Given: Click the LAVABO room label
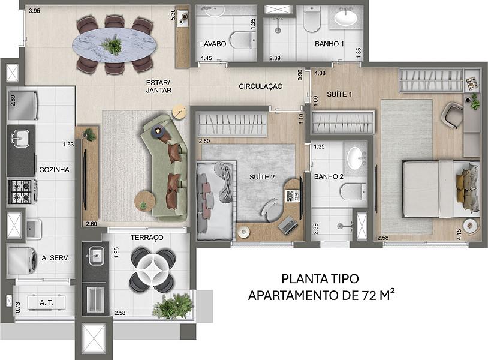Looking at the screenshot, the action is (213, 44).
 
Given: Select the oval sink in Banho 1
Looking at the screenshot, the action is (345, 17).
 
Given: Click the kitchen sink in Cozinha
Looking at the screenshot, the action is (20, 139).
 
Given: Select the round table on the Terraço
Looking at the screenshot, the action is (152, 270).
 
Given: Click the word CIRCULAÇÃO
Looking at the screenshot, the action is (261, 86).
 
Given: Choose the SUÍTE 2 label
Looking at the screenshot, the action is (262, 177).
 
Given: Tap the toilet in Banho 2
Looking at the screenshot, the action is (353, 191).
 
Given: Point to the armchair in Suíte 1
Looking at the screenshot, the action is (453, 115).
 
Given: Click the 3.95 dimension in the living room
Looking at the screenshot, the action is (34, 11).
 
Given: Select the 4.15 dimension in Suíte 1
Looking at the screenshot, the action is (459, 234).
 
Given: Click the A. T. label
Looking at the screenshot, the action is (46, 302).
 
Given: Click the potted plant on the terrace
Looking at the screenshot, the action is (172, 305).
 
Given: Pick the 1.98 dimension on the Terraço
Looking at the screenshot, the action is (116, 252).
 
